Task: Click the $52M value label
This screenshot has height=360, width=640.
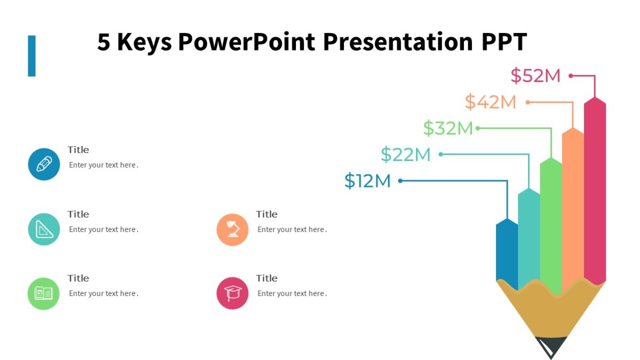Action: [x=535, y=76]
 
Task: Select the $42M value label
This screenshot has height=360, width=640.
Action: [x=491, y=102]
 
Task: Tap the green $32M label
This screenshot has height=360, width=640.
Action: [x=448, y=128]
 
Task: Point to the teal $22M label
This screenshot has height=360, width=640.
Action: [x=405, y=154]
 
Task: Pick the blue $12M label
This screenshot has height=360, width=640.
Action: [x=367, y=181]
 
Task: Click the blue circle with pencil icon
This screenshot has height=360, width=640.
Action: [x=44, y=164]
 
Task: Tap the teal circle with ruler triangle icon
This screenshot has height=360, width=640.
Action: [x=44, y=229]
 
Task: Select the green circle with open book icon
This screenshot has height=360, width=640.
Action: [x=44, y=293]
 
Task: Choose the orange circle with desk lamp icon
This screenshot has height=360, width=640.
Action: [x=233, y=229]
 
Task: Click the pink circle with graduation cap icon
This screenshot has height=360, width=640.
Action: [x=233, y=293]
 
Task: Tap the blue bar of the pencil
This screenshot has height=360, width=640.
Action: [x=507, y=251]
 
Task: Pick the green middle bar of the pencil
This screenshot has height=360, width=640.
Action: [x=551, y=224]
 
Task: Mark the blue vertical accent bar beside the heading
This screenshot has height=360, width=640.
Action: [x=32, y=55]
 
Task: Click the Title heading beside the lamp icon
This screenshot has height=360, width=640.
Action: [x=267, y=214]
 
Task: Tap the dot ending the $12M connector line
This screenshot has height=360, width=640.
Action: [x=400, y=181]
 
